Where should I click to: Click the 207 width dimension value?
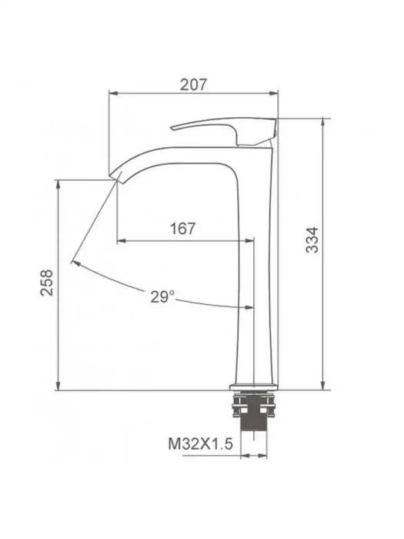pos(194,84)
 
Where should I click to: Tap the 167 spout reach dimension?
pos(183,228)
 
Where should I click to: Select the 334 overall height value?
pos(312,240)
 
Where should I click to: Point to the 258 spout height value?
pos(47,283)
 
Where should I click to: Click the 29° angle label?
pos(162,296)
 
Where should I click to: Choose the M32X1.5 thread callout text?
pos(201,444)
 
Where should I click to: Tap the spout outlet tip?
pos(115,176)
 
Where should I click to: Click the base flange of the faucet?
pos(254,387)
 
